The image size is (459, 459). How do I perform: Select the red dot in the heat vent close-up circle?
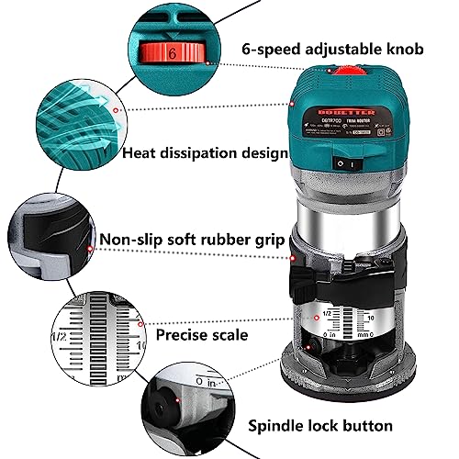tap(115, 109)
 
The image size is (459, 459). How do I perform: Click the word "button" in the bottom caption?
tap(363, 425)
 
